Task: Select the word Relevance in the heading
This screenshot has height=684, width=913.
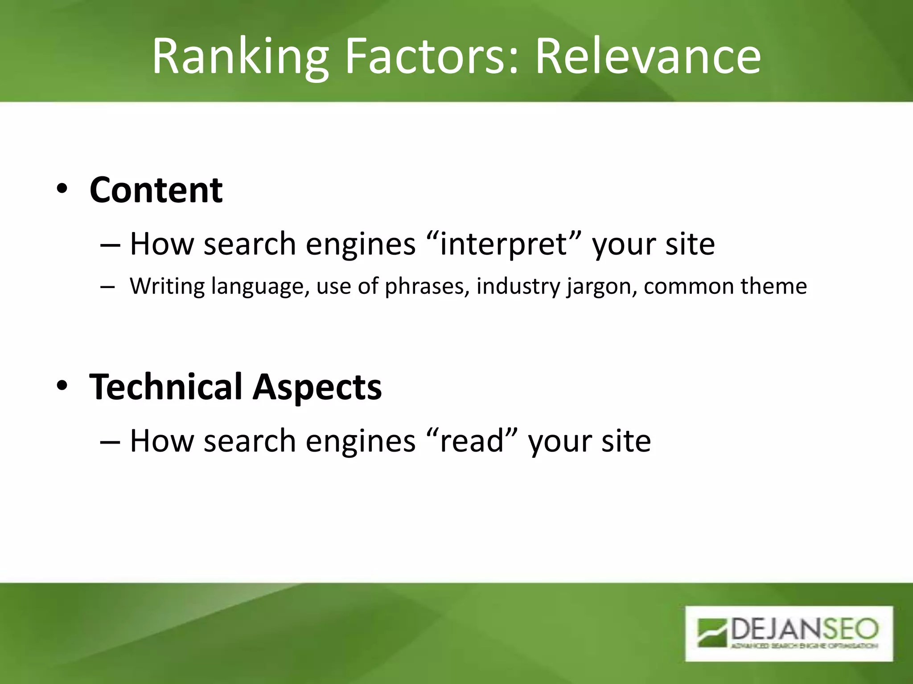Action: pos(648,57)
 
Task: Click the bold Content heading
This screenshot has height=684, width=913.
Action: pos(156,190)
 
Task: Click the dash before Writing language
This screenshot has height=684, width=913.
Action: pos(107,287)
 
